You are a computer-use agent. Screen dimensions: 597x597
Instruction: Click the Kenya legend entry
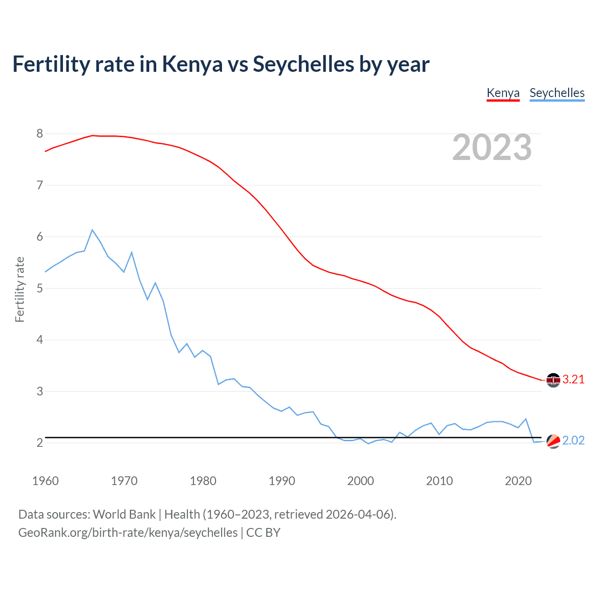pos(503,93)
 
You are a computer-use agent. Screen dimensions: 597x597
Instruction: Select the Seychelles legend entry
pos(557,93)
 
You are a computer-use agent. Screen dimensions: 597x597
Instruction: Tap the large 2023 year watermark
pos(492,147)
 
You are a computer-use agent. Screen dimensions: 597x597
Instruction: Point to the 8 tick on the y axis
pos(40,134)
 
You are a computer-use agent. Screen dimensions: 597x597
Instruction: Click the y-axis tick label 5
pos(40,288)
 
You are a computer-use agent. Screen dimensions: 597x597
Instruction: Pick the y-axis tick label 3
pos(40,391)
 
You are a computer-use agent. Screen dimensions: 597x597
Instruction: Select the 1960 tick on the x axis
pos(45,481)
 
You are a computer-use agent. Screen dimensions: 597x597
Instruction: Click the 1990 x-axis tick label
pos(282,481)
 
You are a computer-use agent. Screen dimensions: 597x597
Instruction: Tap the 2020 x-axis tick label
pos(518,481)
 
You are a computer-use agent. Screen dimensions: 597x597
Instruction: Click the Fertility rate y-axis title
pos(20,289)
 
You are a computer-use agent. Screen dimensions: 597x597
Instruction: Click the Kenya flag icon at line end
pos(553,380)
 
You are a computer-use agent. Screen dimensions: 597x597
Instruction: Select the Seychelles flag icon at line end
pos(553,441)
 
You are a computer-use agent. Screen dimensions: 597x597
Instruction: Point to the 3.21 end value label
pos(573,380)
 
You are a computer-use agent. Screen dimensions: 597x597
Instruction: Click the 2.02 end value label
pos(573,441)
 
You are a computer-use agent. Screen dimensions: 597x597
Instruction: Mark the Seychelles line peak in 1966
pos(92,230)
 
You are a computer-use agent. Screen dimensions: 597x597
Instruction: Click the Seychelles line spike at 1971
pos(132,252)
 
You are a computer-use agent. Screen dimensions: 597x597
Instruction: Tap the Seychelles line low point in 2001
pos(368,444)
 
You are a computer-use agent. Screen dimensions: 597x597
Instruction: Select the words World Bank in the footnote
pos(124,514)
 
